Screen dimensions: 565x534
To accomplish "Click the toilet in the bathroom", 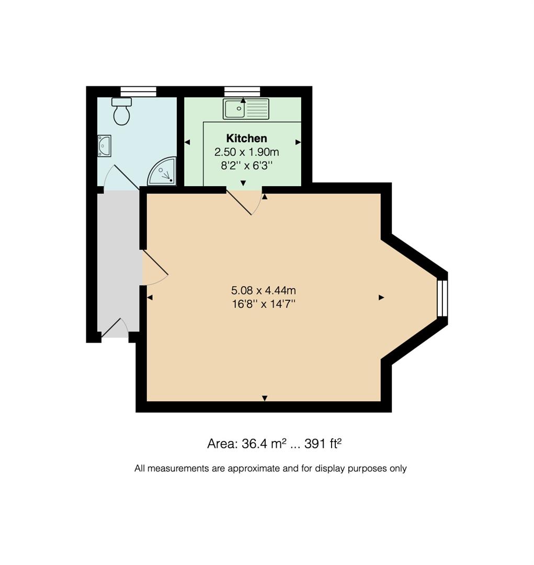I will tap(121, 111).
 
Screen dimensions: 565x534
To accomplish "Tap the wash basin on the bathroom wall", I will tap(104, 145).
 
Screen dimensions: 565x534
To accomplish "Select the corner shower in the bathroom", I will tap(163, 172).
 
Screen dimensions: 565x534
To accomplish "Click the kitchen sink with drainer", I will tap(246, 109).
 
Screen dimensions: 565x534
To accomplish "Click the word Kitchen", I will tap(246, 139).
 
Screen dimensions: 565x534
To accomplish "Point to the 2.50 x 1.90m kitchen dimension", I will tap(246, 152).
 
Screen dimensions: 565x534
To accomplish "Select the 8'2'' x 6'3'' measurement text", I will tap(246, 166).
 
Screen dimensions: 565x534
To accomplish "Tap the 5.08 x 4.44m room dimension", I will tap(264, 290).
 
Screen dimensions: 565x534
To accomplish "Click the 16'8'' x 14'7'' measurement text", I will tap(264, 304).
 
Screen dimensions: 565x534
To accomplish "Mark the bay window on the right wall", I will tap(442, 298).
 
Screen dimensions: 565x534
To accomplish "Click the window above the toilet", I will tap(138, 92).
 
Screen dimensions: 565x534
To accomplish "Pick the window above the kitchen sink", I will tap(242, 92).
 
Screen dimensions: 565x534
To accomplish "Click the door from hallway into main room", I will tap(155, 268).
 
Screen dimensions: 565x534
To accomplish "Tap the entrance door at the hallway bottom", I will tap(115, 328).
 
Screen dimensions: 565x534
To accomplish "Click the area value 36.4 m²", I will tap(261, 444).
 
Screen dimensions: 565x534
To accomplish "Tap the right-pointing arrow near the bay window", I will tap(381, 298).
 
